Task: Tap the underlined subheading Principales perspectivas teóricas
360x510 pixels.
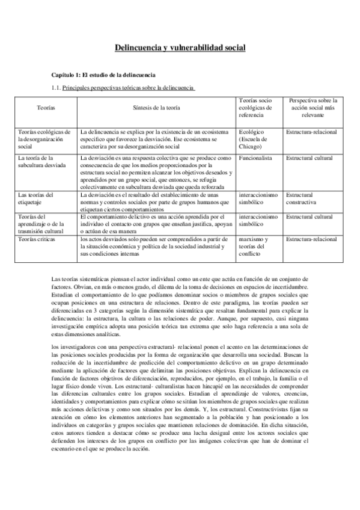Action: pyautogui.click(x=129, y=88)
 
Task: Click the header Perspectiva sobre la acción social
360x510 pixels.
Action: pyautogui.click(x=313, y=107)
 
